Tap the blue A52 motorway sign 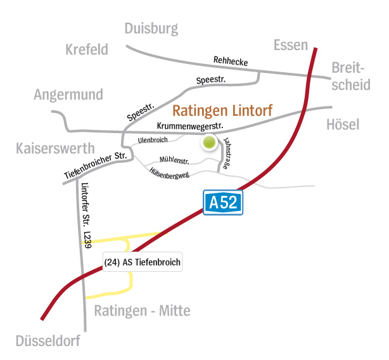(x=223, y=202)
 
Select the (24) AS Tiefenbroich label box (x=142, y=262)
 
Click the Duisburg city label (x=151, y=29)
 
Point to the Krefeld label (x=87, y=49)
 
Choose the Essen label (x=290, y=44)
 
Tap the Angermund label (x=69, y=95)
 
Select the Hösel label (x=343, y=124)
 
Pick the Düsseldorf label (x=49, y=342)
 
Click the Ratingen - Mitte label (x=142, y=311)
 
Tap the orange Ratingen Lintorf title (x=222, y=111)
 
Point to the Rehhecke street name (x=231, y=61)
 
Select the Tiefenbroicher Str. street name (x=97, y=166)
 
